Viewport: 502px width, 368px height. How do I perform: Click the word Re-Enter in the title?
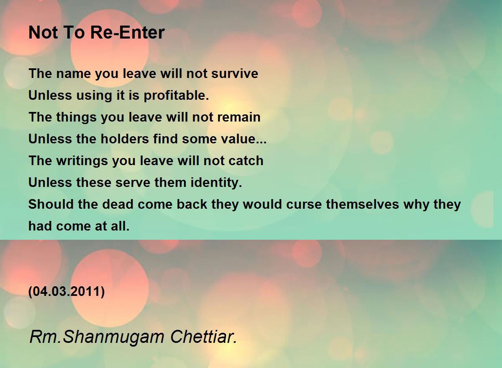click(128, 33)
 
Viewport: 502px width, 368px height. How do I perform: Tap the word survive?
click(235, 73)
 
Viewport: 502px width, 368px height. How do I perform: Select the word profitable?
click(177, 96)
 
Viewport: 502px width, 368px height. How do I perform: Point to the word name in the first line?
click(73, 74)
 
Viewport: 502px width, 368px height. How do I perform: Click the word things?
click(76, 118)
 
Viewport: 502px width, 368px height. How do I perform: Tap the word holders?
click(125, 139)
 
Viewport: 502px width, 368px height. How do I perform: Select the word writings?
click(82, 161)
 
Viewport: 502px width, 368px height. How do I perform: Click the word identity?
click(216, 183)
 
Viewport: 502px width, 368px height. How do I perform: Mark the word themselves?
click(362, 204)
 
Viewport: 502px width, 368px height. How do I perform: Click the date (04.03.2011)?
click(67, 291)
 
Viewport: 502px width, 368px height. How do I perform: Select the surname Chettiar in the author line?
click(203, 337)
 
